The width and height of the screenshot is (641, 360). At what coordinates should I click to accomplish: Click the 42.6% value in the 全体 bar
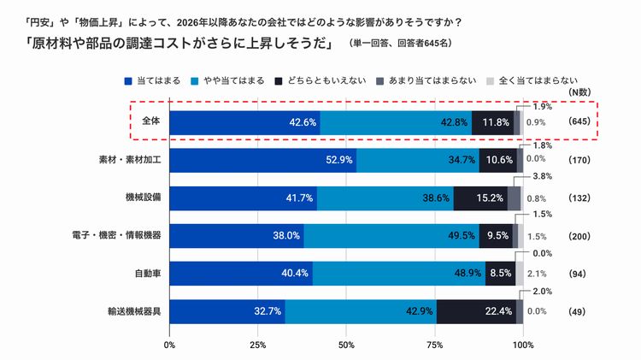point(303,122)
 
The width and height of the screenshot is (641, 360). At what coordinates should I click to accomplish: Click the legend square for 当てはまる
point(128,80)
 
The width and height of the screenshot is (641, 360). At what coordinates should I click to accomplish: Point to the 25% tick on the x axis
point(257,345)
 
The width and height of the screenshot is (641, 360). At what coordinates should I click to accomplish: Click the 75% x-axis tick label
point(434,345)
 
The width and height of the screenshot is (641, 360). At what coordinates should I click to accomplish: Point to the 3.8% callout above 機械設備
point(542,176)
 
